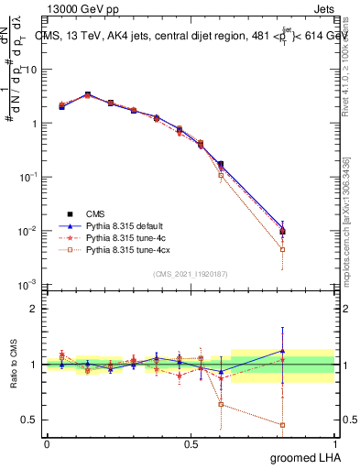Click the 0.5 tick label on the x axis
coord(191,443)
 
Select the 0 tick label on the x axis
coord(47,443)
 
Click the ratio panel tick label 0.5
coord(30,420)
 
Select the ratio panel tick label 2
coord(36,309)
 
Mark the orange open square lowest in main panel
coord(282,249)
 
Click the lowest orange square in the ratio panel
coord(282,425)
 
